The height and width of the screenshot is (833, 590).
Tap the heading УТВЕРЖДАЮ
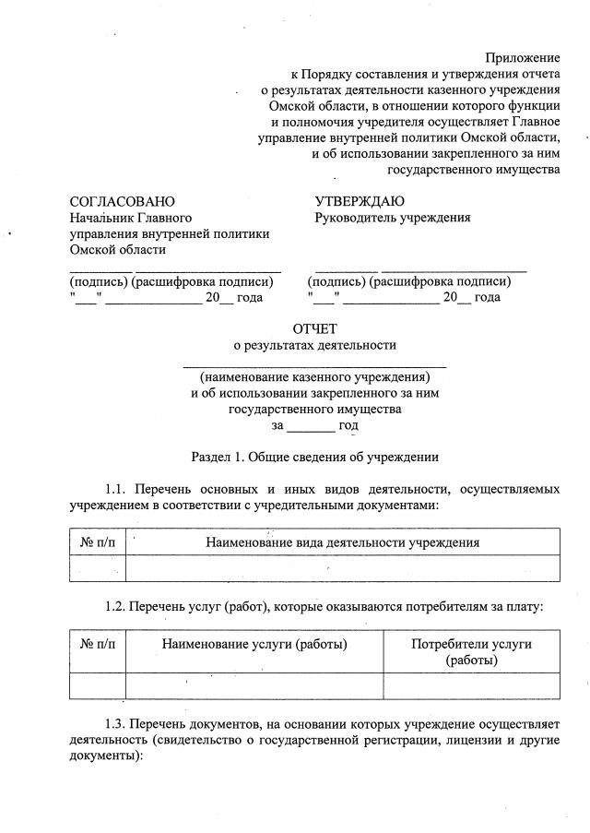[360, 201]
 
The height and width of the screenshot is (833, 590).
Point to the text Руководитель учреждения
[393, 218]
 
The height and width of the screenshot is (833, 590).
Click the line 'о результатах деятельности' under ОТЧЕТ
[315, 345]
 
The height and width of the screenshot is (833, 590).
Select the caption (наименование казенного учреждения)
[315, 377]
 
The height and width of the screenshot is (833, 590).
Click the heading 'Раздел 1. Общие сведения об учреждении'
[315, 457]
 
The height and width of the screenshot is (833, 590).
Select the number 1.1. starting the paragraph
[119, 488]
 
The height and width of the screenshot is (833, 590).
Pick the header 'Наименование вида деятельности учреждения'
[342, 542]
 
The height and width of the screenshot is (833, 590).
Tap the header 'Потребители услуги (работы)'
[471, 652]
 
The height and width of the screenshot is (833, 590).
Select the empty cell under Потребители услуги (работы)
[471, 686]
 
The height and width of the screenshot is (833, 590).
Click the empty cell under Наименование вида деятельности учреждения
[342, 568]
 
